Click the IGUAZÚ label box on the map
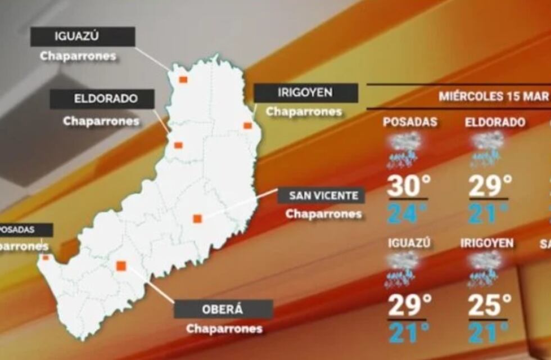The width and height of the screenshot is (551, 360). (83, 37)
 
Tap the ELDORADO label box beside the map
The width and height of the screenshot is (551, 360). (102, 99)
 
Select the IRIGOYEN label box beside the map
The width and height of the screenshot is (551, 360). (305, 93)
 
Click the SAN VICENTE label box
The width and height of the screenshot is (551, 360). (322, 196)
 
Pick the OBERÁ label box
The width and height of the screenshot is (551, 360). (223, 309)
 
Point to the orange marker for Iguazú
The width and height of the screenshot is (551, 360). (183, 79)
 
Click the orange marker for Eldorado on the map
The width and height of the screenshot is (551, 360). (178, 145)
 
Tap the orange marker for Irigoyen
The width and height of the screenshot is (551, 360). (247, 125)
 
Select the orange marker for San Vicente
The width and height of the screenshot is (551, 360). (197, 218)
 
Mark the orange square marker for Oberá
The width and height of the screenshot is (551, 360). (121, 265)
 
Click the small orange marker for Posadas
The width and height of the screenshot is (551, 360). (46, 258)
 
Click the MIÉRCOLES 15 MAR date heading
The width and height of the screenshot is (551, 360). (494, 96)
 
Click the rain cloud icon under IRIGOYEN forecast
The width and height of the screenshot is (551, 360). (485, 268)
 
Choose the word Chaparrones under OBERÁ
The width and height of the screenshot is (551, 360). (224, 328)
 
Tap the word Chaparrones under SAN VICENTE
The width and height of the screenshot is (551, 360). (323, 214)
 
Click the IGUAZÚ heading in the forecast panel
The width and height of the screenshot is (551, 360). (409, 243)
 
